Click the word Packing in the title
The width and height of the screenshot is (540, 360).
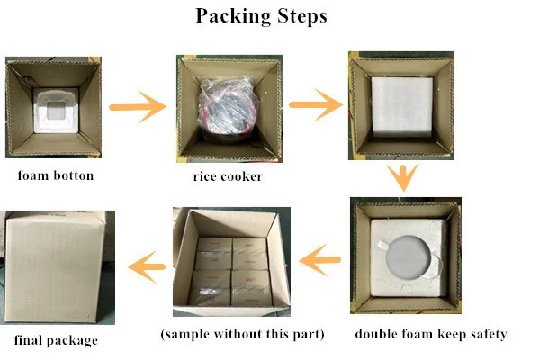pos(234,16)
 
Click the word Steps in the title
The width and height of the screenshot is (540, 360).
pos(302,15)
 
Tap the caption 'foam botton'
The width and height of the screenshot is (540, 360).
pos(56,175)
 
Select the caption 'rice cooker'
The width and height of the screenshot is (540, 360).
pos(228,176)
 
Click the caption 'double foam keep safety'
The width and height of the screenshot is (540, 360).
pos(431,334)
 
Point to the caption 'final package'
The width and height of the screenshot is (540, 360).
pos(56,340)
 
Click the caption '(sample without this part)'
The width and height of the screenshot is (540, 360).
pos(242,334)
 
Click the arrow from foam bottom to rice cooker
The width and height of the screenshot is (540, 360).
pos(138,107)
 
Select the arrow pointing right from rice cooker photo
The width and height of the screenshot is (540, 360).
pos(316,104)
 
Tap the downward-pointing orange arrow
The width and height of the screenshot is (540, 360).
pos(403,177)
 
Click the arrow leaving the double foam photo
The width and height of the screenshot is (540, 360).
pos(319,260)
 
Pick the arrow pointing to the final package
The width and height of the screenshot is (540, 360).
pos(147,267)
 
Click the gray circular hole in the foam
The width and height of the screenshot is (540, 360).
pos(409,257)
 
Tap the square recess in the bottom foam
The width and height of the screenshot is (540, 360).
pos(55,111)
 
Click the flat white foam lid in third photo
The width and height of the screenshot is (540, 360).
pos(402,106)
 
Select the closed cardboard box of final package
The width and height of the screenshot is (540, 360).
pos(55,267)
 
